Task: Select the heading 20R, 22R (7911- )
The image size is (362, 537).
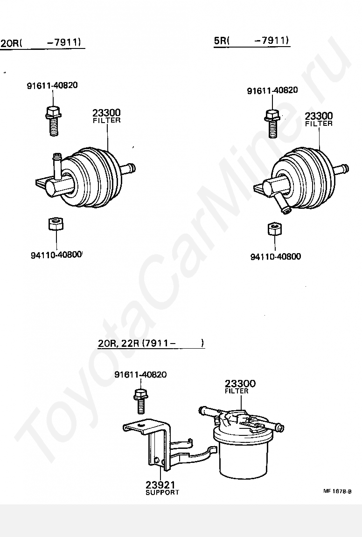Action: click(x=151, y=344)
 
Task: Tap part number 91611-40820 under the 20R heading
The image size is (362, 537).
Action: click(x=52, y=85)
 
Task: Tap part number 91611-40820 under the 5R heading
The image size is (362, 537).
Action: click(x=272, y=90)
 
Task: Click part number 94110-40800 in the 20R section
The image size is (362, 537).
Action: click(x=56, y=255)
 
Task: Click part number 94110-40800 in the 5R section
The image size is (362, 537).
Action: click(x=276, y=256)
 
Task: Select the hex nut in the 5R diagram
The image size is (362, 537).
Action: click(x=274, y=229)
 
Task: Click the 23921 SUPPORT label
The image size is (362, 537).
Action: click(x=162, y=488)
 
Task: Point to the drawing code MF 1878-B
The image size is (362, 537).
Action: click(x=337, y=491)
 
